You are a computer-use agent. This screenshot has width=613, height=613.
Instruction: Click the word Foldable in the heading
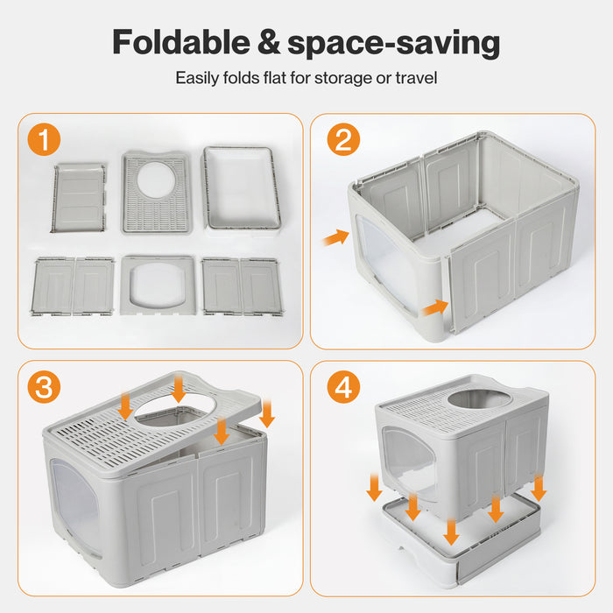(x=181, y=42)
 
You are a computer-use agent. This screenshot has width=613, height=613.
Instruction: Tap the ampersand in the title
(x=269, y=42)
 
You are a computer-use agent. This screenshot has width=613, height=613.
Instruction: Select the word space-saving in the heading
(x=394, y=44)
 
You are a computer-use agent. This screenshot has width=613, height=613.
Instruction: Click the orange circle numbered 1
(x=44, y=139)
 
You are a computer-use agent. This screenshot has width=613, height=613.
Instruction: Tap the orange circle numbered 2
(x=343, y=139)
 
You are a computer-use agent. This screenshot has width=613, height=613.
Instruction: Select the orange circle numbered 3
(x=44, y=387)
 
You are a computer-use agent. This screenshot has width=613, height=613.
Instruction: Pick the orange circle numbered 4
(x=343, y=387)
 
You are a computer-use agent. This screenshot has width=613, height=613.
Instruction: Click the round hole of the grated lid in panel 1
(x=156, y=180)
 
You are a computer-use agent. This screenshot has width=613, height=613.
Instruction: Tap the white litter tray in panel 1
(x=241, y=190)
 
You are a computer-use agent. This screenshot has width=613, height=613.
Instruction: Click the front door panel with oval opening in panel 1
(x=158, y=285)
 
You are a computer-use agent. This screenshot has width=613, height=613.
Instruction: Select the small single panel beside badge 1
(x=80, y=198)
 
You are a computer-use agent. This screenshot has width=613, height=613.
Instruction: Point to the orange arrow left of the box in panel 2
(x=335, y=237)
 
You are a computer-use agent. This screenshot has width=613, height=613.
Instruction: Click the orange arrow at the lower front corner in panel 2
(x=435, y=307)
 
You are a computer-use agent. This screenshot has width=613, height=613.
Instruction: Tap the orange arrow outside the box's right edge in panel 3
(x=267, y=413)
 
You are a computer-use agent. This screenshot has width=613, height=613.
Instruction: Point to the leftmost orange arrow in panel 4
(x=374, y=487)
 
